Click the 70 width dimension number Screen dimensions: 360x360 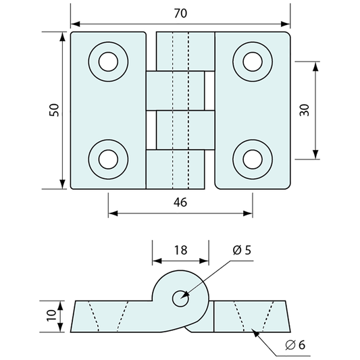tap(181, 14)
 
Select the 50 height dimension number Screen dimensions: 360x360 tap(54, 110)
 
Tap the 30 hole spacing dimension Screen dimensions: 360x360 tap(305, 110)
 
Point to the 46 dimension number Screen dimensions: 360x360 tap(180, 202)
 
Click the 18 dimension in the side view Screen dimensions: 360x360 tap(181, 250)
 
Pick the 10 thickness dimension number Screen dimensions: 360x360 tap(51, 315)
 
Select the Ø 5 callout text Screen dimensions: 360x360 tap(242, 250)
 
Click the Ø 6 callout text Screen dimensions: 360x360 tap(295, 344)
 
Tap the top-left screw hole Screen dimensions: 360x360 tap(108, 61)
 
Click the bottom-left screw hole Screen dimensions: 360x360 tap(108, 159)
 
